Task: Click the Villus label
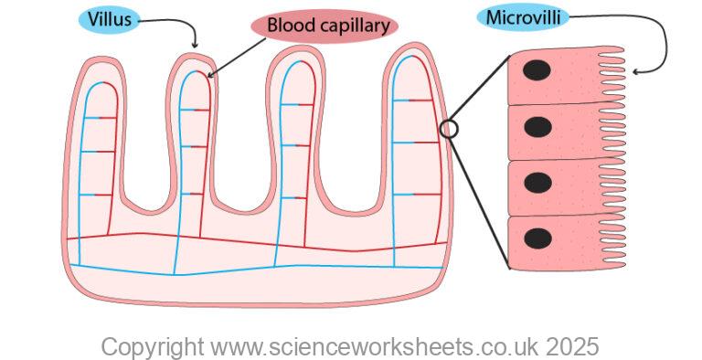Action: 110,20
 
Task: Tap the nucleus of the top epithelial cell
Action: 537,71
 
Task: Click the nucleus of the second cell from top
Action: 537,127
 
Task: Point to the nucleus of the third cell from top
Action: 537,183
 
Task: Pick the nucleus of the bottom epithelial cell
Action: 537,238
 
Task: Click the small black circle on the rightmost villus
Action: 449,129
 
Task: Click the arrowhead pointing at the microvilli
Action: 635,70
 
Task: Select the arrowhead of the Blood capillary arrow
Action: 209,76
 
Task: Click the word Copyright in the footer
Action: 152,347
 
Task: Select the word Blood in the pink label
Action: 287,26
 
